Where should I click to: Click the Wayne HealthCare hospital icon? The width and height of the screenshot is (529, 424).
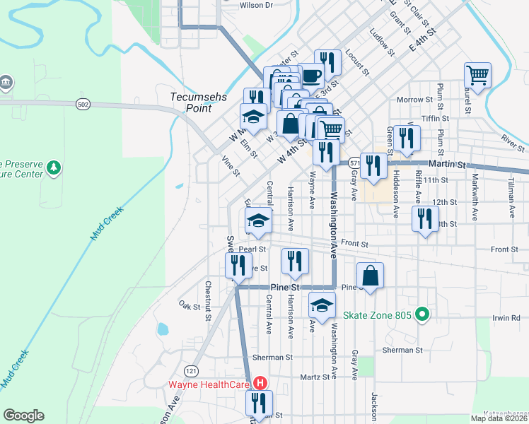click(x=260, y=384)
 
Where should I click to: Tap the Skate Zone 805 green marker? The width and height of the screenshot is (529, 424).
click(x=423, y=314)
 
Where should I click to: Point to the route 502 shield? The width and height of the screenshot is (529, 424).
click(x=83, y=104)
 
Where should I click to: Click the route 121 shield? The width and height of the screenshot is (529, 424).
click(x=190, y=371)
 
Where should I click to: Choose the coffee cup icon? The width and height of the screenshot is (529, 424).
click(x=311, y=75)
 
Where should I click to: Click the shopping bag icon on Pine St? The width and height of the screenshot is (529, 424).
click(x=370, y=275)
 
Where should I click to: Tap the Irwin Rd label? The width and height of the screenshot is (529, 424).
click(x=506, y=319)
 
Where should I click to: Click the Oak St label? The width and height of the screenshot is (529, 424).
click(x=190, y=305)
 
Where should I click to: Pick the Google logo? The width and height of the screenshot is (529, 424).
click(x=23, y=416)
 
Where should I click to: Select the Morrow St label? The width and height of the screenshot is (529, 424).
click(x=414, y=100)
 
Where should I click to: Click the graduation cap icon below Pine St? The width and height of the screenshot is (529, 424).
click(x=322, y=305)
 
